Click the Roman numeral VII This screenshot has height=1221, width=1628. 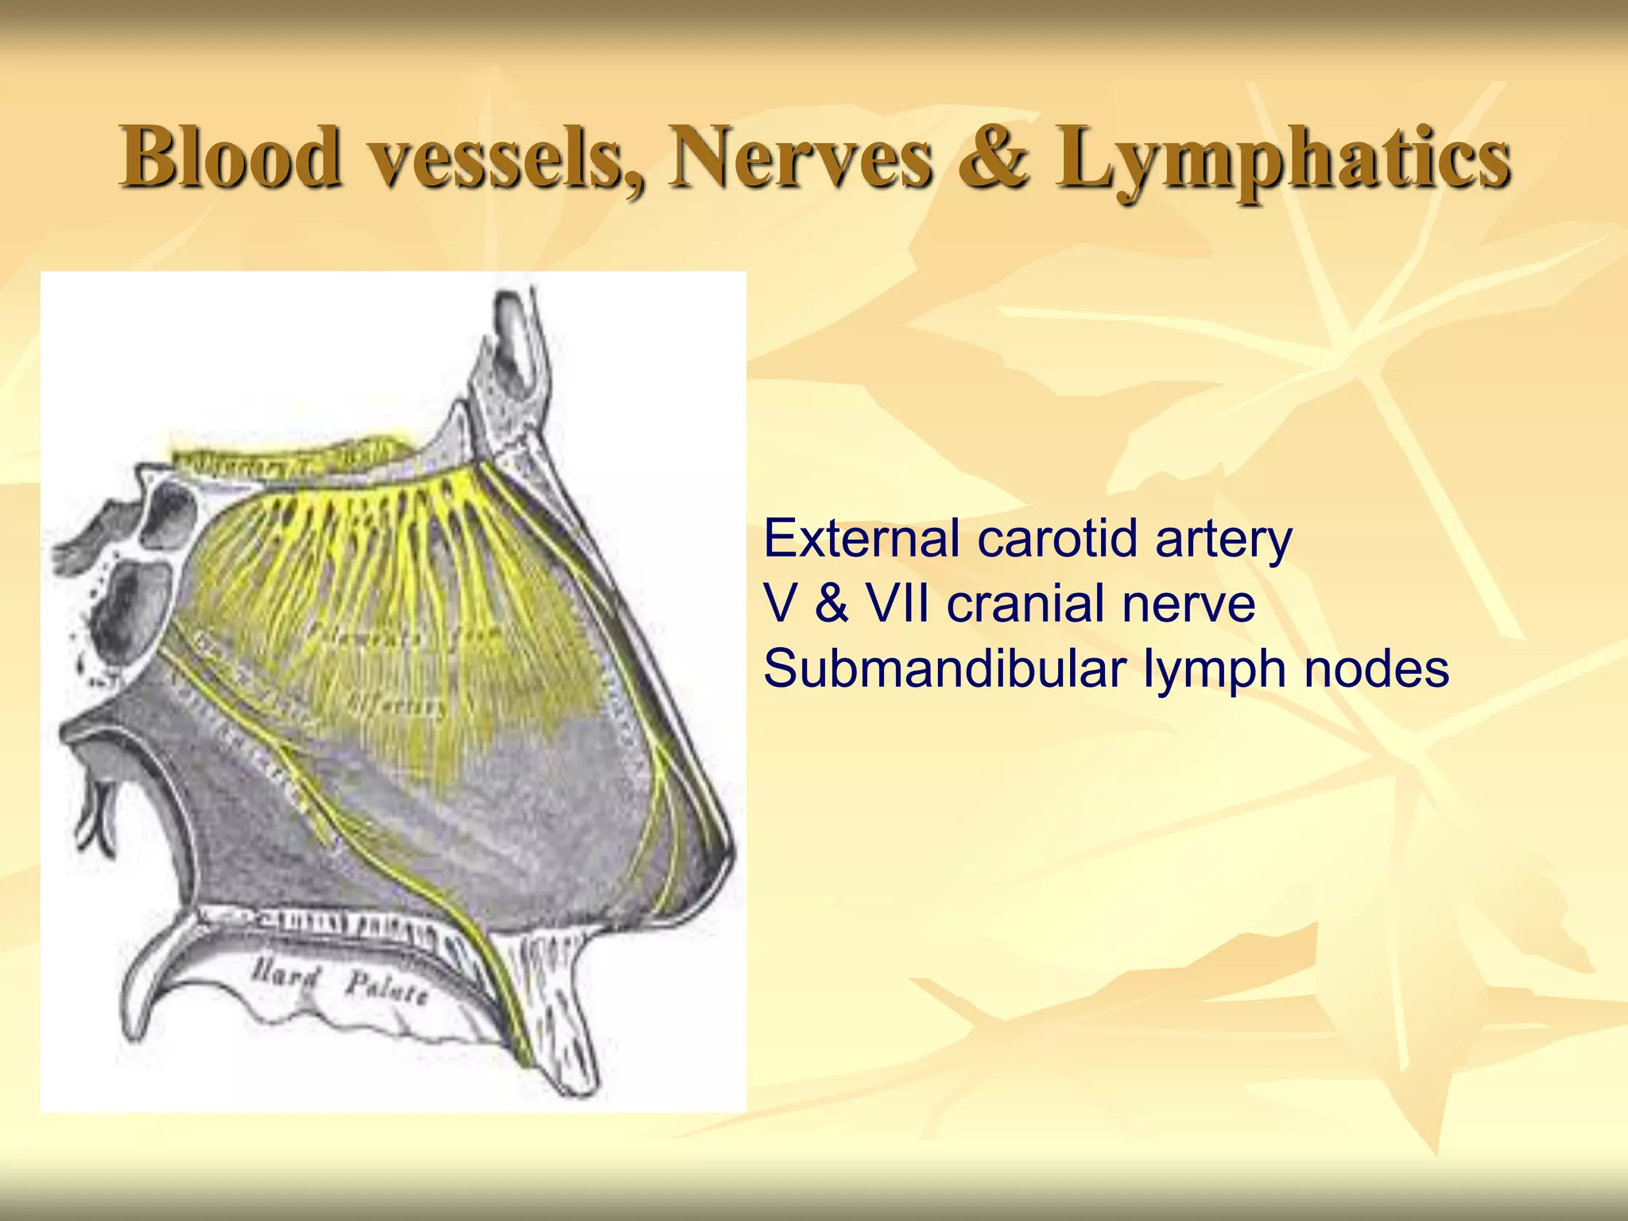click(x=898, y=603)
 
